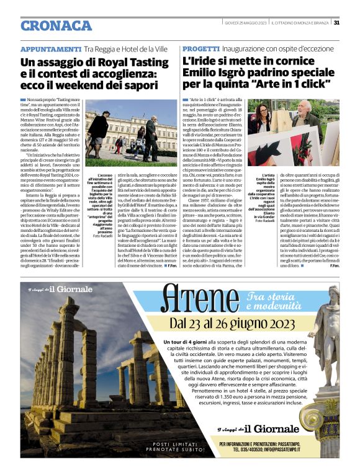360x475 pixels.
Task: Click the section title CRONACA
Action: (56, 25)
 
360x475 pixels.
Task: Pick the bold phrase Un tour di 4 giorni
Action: (186, 342)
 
